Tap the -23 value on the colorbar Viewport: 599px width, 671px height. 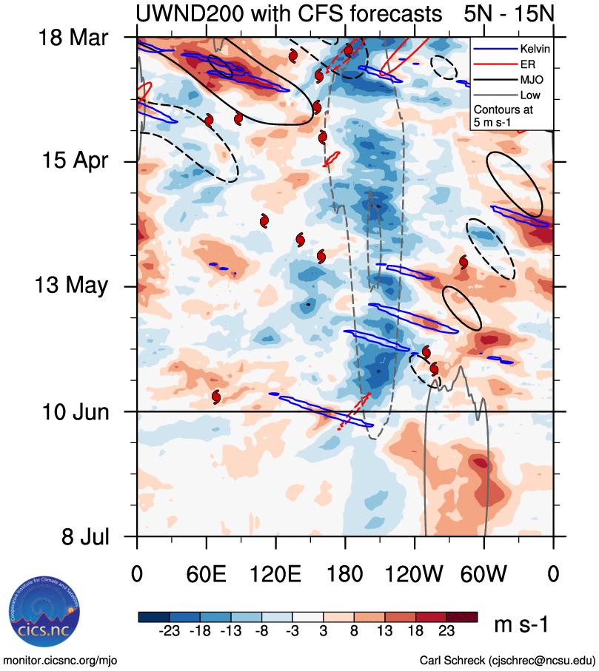(170, 631)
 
